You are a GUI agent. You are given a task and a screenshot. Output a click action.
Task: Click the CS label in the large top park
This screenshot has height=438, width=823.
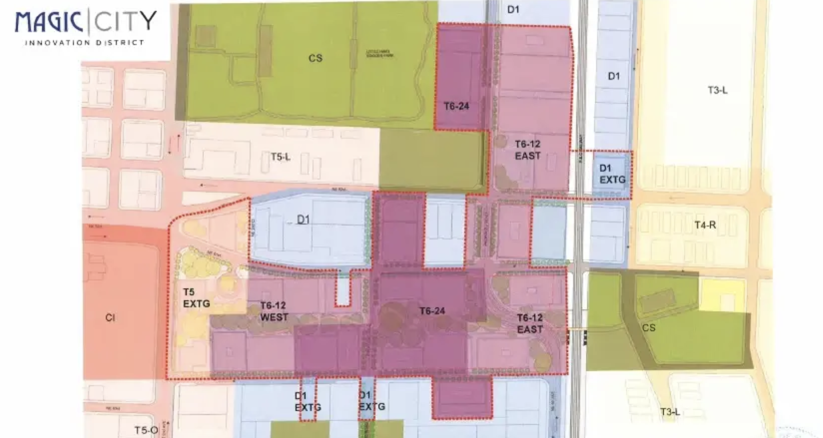click(x=315, y=58)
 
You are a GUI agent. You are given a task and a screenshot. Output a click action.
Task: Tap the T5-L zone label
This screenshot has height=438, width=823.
click(x=281, y=157)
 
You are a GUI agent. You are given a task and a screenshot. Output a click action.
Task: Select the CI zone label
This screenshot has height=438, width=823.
click(x=110, y=318)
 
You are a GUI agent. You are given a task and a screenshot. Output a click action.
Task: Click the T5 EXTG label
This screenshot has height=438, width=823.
click(x=196, y=298)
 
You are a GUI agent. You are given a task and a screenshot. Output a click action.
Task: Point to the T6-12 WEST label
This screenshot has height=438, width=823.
click(x=274, y=311)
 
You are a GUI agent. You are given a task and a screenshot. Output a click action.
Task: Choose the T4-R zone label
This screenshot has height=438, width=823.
click(x=705, y=225)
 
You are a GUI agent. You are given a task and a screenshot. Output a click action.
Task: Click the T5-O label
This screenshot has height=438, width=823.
click(x=146, y=430)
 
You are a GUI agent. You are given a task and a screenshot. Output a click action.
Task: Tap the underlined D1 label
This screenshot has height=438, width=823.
click(x=303, y=219)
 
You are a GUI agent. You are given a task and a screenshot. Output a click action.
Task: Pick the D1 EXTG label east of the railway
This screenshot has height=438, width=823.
click(x=612, y=174)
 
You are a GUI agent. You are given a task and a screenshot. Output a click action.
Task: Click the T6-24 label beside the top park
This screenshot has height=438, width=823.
click(x=457, y=106)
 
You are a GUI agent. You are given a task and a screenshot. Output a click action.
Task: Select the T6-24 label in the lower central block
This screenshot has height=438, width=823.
click(x=432, y=311)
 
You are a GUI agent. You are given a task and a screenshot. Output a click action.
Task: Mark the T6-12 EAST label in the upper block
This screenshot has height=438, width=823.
click(x=528, y=150)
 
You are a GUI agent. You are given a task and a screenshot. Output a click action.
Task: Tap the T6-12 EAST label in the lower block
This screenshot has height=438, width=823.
click(x=530, y=323)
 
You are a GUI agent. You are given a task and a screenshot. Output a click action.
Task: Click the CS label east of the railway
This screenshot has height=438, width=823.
click(x=648, y=328)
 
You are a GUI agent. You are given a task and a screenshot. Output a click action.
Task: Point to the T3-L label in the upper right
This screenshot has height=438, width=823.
click(x=717, y=91)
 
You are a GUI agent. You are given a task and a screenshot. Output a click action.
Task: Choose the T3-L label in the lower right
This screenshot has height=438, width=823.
click(x=670, y=412)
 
